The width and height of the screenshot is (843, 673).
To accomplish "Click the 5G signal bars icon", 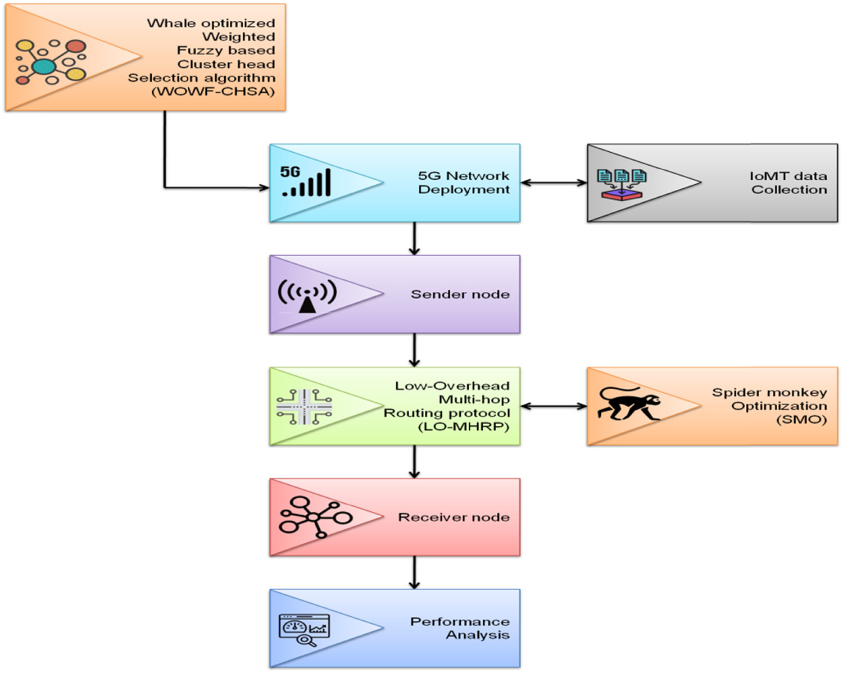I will click(307, 181).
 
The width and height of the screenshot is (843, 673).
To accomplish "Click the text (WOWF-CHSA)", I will click(214, 92).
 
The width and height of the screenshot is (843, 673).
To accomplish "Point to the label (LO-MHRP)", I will click(464, 427).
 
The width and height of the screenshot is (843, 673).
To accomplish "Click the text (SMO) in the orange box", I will click(801, 420).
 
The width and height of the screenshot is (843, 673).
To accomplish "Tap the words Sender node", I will click(460, 294).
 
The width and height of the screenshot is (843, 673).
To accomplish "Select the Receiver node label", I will click(454, 517).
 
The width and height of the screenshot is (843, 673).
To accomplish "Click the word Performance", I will click(460, 621).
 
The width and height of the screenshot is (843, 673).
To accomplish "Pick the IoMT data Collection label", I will click(788, 183).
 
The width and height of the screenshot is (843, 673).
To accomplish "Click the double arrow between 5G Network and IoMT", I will click(554, 182).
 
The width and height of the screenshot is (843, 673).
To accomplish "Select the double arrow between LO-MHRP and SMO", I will click(554, 406).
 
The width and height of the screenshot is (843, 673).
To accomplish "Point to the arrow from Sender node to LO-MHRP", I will click(414, 350).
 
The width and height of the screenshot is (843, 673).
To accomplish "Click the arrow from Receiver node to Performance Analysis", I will click(414, 572).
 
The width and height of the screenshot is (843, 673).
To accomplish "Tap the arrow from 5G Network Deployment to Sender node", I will click(414, 239).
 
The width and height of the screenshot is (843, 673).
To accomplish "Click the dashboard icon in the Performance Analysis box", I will click(305, 629).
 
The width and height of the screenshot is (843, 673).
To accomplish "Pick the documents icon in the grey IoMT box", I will click(622, 184).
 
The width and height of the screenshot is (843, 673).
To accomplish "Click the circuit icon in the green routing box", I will click(304, 407).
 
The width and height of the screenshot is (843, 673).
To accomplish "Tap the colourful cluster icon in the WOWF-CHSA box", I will click(51, 62).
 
